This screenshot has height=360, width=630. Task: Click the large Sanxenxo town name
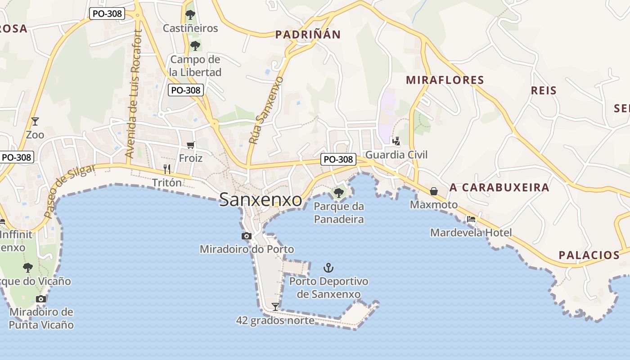tap(261, 200)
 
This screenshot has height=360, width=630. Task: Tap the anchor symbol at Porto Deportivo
tap(328, 268)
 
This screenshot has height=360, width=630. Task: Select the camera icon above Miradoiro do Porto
tap(246, 236)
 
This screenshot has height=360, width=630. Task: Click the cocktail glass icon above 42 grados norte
tap(275, 306)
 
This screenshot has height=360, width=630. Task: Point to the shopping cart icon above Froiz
tap(190, 145)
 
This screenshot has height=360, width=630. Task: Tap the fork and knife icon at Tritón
tap(167, 169)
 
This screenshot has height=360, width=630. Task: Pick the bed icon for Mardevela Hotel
tap(471, 219)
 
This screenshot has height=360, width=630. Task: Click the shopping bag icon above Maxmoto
tap(433, 191)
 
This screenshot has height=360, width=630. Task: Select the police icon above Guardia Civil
tap(396, 141)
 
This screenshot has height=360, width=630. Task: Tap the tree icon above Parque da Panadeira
tap(338, 193)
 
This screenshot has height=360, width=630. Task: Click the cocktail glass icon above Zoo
tap(35, 121)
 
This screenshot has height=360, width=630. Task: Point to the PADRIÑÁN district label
tap(308, 35)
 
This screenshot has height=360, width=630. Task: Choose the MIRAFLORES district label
tap(445, 80)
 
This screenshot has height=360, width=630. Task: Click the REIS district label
tap(544, 90)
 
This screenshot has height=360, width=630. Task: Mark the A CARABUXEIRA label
tap(499, 188)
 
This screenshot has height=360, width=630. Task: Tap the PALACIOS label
tap(589, 255)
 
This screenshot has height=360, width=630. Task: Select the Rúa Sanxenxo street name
tap(266, 110)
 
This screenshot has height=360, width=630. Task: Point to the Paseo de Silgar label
tap(70, 191)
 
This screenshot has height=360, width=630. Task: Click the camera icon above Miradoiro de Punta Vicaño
tap(41, 299)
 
